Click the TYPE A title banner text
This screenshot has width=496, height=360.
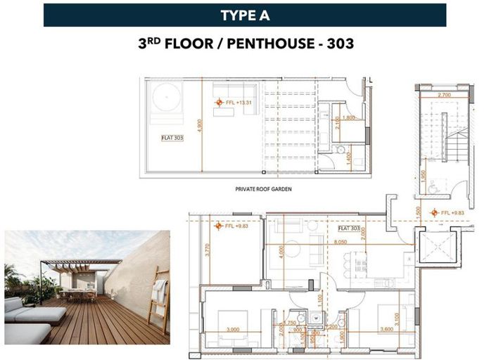coord(244,15)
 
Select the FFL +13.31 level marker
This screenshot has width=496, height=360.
coord(237,103)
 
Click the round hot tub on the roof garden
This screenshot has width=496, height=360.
coord(168,97)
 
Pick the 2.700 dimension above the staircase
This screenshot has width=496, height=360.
coord(444,94)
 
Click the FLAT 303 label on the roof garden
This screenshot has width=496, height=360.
coord(172,138)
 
